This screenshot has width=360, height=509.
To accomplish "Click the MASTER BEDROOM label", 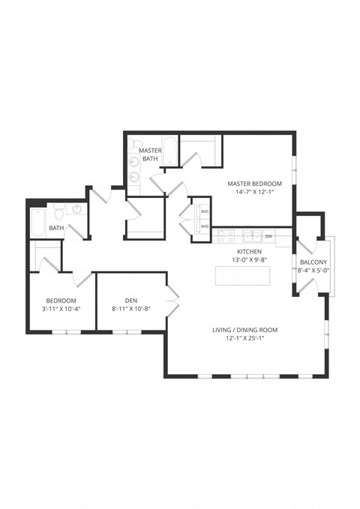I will click(x=255, y=184).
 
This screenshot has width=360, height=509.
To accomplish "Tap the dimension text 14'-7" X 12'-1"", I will click(x=255, y=192).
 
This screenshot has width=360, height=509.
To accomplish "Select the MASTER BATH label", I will click(x=150, y=154).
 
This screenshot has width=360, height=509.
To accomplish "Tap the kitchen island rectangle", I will click(x=243, y=275).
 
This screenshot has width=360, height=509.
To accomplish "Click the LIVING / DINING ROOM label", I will click(x=247, y=330).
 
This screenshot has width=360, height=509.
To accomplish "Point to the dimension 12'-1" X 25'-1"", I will click(x=247, y=339).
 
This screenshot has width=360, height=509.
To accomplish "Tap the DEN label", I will click(x=130, y=300).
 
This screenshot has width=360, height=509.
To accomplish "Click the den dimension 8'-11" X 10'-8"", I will click(x=130, y=308).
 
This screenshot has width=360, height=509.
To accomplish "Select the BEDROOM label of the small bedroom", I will click(x=61, y=300).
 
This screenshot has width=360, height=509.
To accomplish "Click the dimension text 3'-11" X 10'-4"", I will click(x=61, y=308).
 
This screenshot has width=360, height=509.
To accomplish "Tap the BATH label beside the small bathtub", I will click(x=56, y=228).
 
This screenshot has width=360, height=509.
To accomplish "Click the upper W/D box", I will click(x=203, y=211).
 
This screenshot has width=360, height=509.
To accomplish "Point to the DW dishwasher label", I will click(x=268, y=236).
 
